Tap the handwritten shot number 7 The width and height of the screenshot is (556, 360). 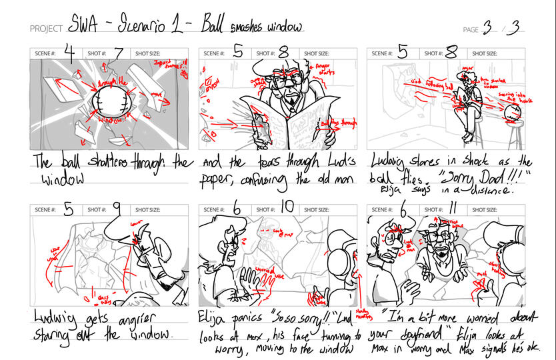click(119, 53)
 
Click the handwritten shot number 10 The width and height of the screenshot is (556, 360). click(287, 208)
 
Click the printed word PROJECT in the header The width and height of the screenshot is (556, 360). click(46, 29)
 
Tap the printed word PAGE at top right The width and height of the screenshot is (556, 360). click(471, 29)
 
